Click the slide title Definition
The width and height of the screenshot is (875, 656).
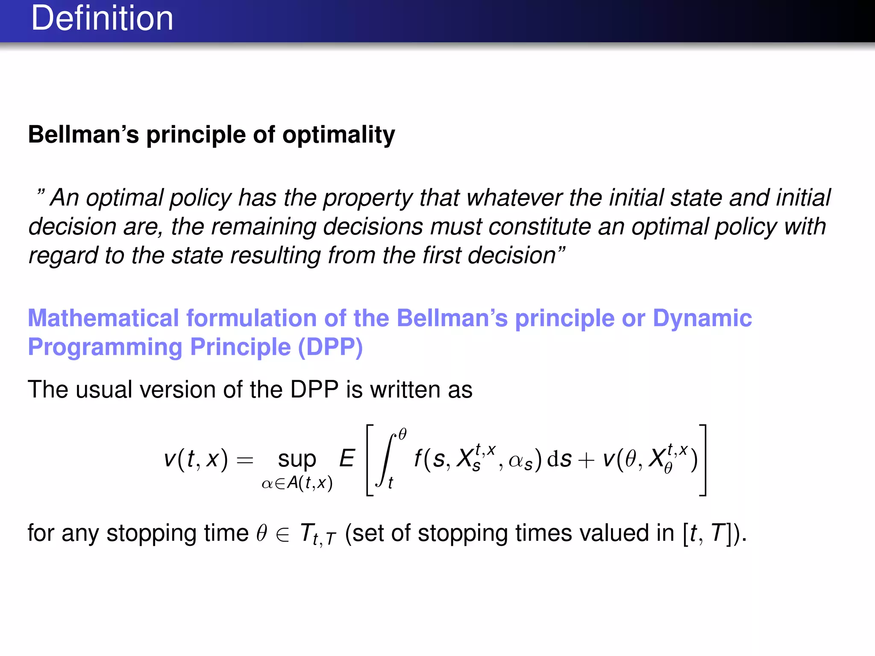(102, 19)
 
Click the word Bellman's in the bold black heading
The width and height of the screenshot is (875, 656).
(83, 135)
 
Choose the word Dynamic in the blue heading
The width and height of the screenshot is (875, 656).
(702, 319)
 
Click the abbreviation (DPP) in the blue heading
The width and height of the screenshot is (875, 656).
(330, 347)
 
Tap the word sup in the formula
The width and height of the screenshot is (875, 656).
(297, 459)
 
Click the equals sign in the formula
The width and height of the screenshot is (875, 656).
(245, 460)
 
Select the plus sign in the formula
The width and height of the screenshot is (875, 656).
(586, 460)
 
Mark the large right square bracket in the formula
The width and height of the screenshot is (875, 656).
(703, 460)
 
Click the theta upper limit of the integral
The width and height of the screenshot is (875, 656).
(402, 434)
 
